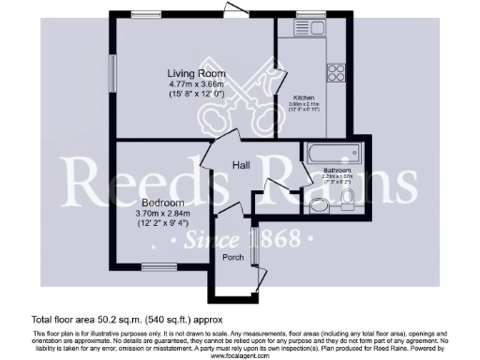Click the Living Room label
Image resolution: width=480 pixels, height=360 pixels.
193,74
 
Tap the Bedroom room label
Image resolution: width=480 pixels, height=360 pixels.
161,202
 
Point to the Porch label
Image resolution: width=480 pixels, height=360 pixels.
232,256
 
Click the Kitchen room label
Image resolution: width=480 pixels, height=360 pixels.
303,97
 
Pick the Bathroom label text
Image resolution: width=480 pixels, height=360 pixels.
336,170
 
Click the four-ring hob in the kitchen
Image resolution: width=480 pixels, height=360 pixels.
337,71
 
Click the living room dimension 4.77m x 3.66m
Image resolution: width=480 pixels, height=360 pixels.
193,84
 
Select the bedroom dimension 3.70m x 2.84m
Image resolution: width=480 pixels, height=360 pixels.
161,213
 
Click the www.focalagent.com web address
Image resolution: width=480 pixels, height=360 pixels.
239,356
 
